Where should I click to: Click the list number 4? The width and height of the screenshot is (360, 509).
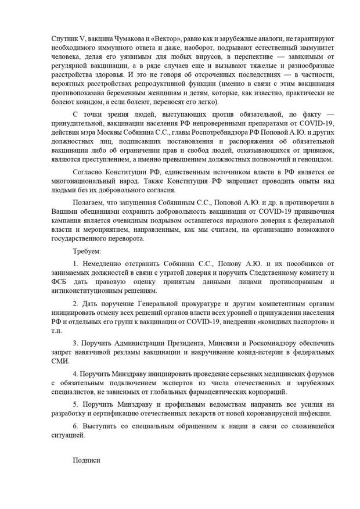(75, 375)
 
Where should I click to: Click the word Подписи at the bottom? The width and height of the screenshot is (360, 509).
(87, 460)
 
